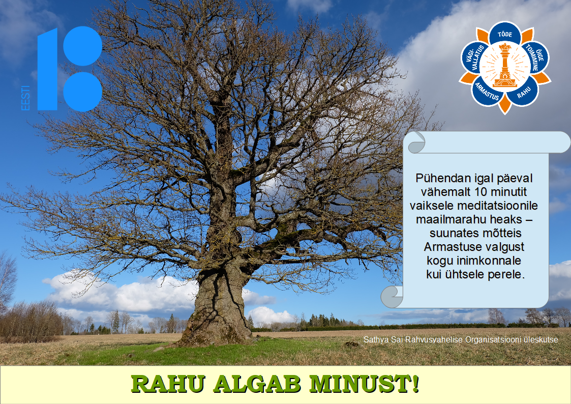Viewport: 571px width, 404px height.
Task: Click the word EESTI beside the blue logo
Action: pyautogui.click(x=25, y=98)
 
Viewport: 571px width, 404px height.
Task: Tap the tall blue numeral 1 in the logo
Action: pyautogui.click(x=48, y=69)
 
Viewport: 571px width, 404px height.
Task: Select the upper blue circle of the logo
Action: pyautogui.click(x=83, y=46)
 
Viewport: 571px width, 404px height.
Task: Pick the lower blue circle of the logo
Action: pyautogui.click(x=83, y=92)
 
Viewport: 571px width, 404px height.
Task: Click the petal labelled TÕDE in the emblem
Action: pyautogui.click(x=505, y=34)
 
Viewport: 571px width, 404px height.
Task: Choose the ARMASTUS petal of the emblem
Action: pyautogui.click(x=487, y=92)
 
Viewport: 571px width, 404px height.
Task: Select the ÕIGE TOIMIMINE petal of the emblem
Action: pyautogui.click(x=535, y=57)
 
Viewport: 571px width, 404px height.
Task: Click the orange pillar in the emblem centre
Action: pyautogui.click(x=505, y=66)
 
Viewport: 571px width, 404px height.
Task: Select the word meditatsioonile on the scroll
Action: pyautogui.click(x=497, y=206)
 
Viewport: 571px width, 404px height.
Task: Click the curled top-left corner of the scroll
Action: pyautogui.click(x=416, y=143)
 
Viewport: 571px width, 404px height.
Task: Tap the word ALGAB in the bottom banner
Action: pyautogui.click(x=257, y=384)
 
